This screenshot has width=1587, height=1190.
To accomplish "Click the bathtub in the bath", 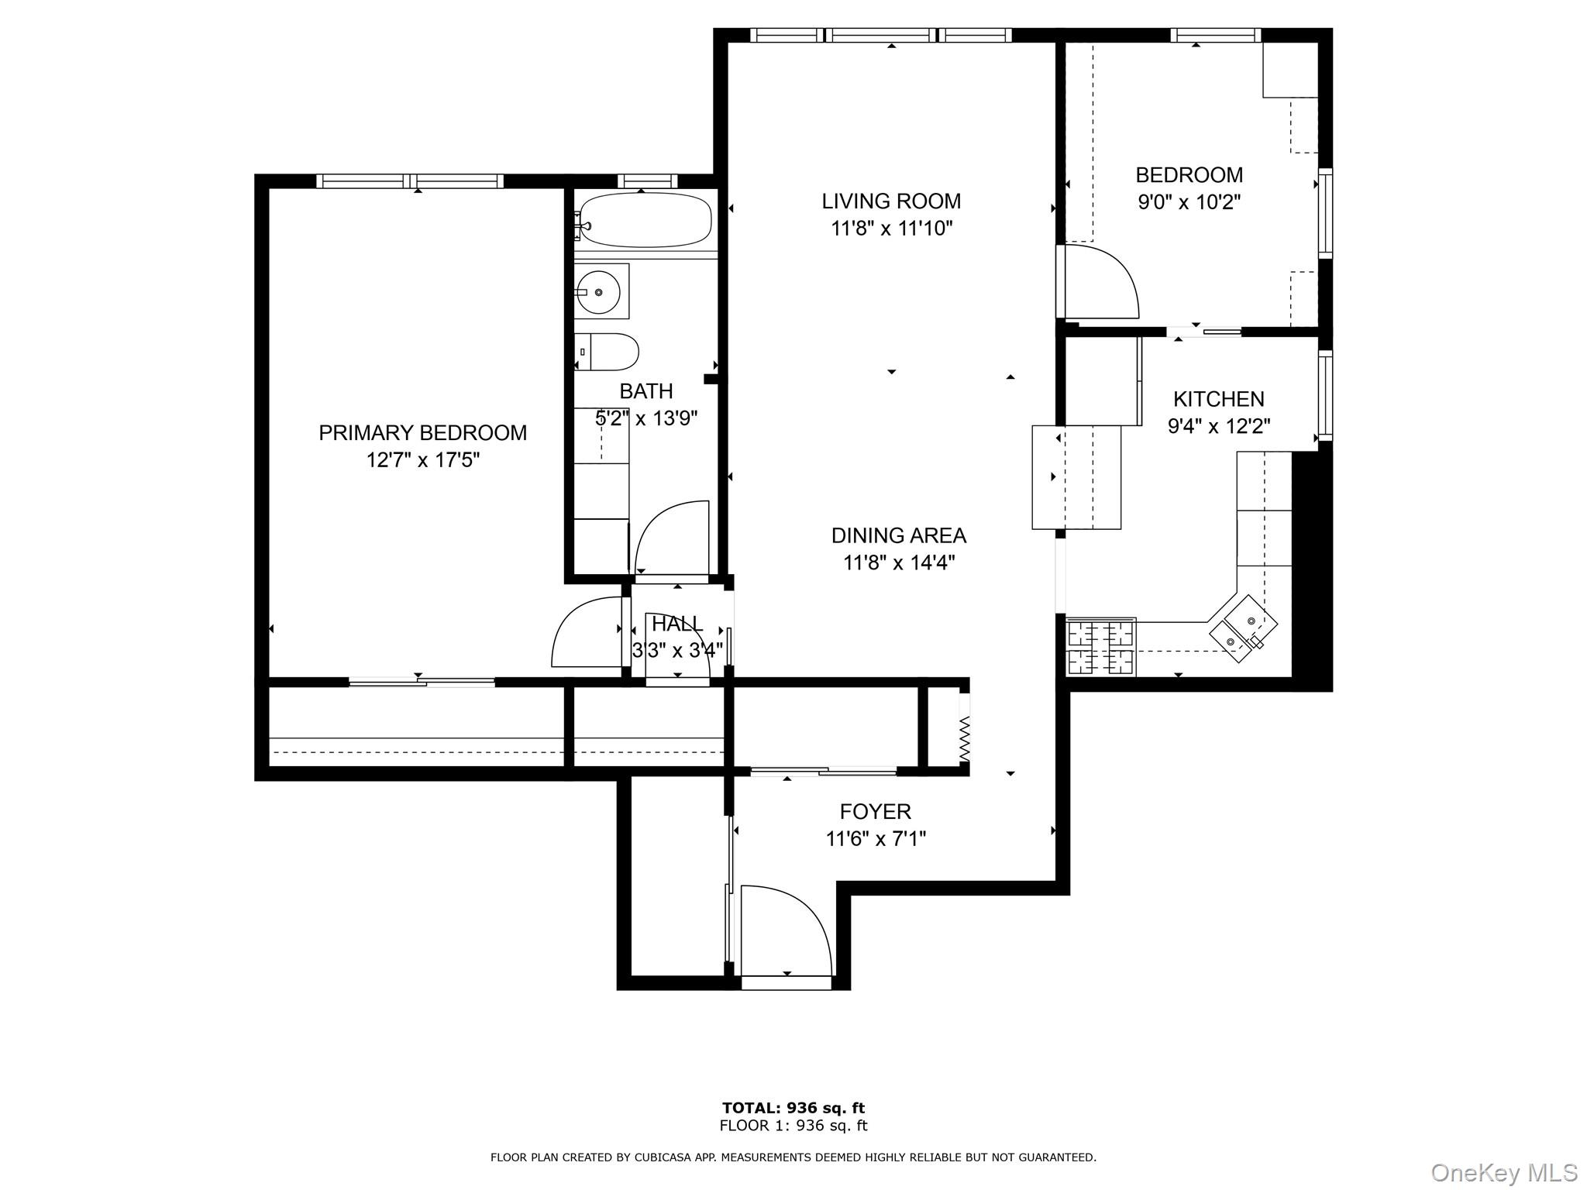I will tap(645, 220).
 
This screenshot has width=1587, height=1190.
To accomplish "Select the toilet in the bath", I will tap(608, 353).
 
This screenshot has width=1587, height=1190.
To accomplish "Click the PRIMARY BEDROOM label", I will tap(422, 433).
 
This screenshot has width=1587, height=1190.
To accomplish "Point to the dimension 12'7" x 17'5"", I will tap(422, 460).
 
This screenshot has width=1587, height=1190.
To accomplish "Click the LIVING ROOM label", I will tap(891, 201).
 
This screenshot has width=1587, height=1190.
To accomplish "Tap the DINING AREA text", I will tap(898, 535).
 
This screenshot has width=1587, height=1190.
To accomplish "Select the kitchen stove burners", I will tap(1101, 647).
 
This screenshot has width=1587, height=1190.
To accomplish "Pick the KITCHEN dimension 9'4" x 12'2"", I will tap(1218, 426).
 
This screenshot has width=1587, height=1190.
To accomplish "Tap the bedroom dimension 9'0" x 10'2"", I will tap(1189, 202).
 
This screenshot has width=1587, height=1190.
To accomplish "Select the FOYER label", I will tap(875, 812).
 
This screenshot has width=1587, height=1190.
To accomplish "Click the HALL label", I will tap(676, 624).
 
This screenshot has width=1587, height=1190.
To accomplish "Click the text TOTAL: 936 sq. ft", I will tap(793, 1108).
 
